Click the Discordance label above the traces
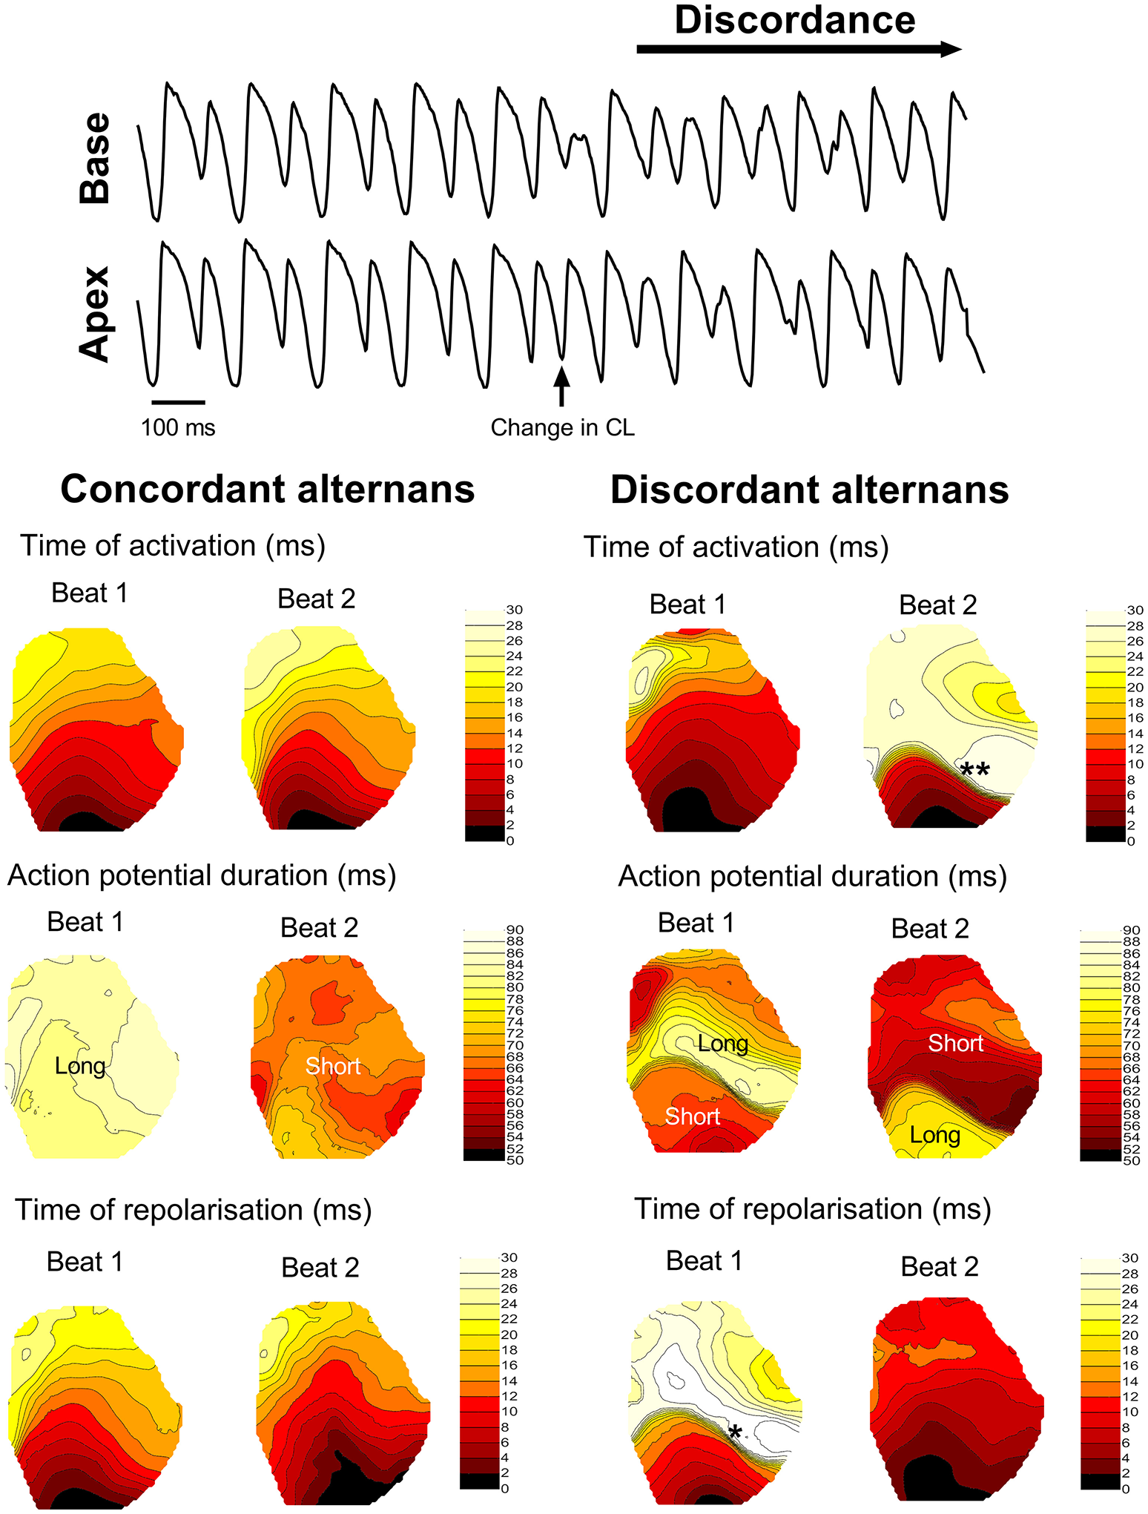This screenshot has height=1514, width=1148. tap(794, 21)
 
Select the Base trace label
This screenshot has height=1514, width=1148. tap(96, 158)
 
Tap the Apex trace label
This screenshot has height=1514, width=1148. tap(96, 315)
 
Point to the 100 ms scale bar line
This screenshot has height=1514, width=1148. tap(178, 402)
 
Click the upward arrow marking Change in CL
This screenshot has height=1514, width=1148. tap(561, 386)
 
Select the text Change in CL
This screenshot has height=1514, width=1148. tap(563, 428)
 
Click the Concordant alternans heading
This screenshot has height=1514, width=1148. tap(267, 490)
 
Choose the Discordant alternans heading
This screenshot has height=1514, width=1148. tap(809, 490)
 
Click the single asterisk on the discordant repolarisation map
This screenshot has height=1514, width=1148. tap(734, 1432)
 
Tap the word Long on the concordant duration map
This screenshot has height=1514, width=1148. tap(80, 1067)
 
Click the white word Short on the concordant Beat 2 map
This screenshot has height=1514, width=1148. tap(333, 1067)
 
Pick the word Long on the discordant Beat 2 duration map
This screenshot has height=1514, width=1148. tap(934, 1136)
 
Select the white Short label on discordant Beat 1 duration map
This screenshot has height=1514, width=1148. tap(692, 1116)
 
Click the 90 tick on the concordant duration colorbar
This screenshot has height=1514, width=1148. tap(515, 930)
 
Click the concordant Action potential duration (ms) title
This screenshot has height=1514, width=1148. tap(202, 876)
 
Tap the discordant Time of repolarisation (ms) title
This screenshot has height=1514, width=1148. tap(813, 1209)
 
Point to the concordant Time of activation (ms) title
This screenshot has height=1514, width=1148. tap(173, 546)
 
